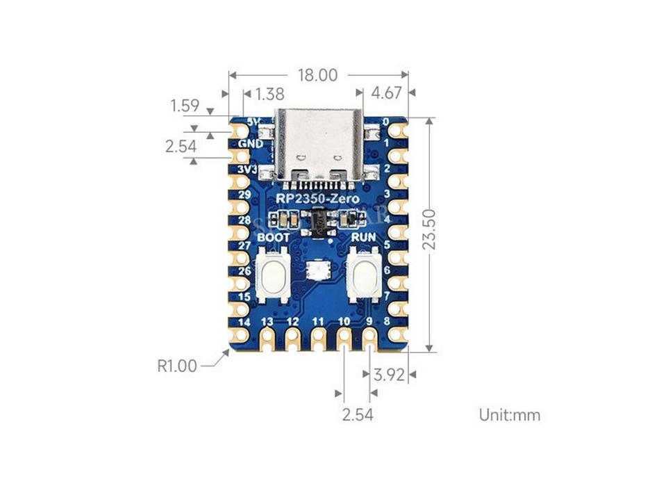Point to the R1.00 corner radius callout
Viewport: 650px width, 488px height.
click(177, 366)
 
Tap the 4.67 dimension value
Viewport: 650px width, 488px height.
click(386, 94)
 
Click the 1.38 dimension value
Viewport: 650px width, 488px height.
click(270, 94)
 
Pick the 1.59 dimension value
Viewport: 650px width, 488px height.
click(185, 106)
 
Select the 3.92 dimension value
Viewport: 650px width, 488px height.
click(390, 375)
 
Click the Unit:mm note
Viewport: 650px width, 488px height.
click(510, 415)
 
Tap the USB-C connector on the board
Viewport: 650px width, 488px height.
click(319, 145)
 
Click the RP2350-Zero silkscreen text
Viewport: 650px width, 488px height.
click(317, 200)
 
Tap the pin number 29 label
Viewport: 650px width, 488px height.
click(244, 195)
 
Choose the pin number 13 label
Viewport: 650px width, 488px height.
click(267, 321)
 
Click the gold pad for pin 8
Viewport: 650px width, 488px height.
click(397, 334)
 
